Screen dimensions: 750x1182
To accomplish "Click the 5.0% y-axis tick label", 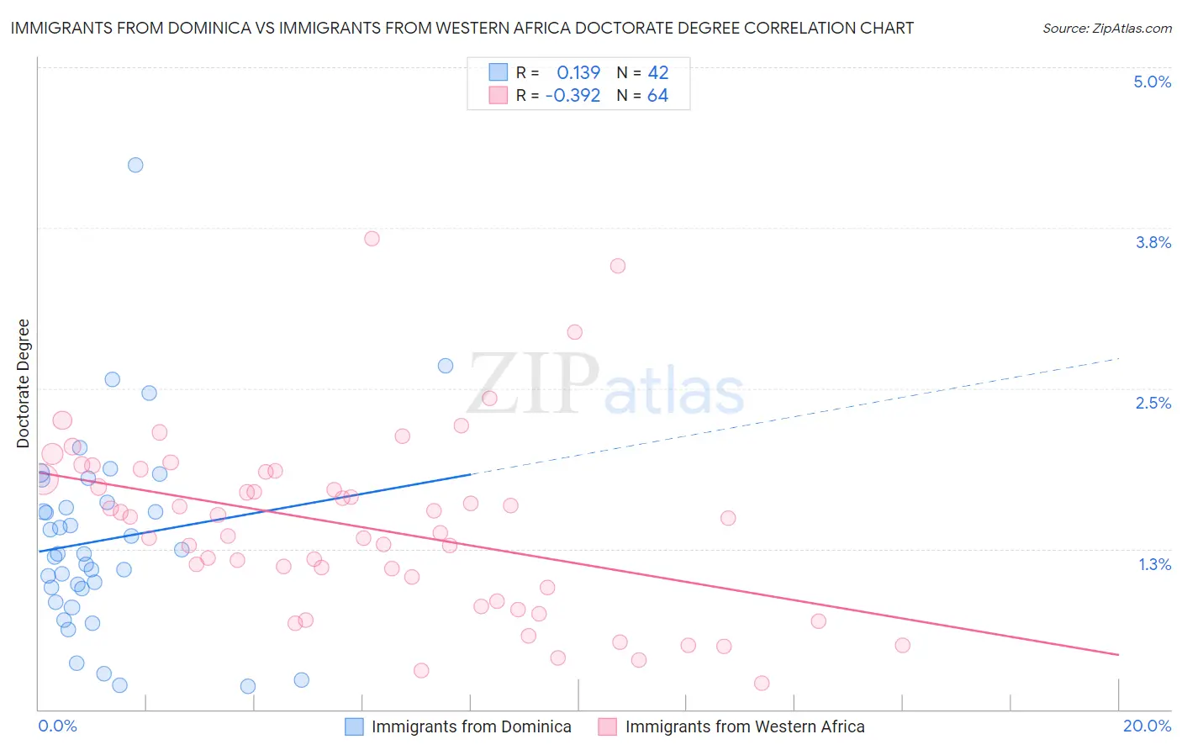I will pyautogui.click(x=1152, y=82).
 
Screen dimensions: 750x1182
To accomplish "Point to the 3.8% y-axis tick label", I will pyautogui.click(x=1153, y=242).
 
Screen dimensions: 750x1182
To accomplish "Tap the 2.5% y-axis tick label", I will pyautogui.click(x=1153, y=403).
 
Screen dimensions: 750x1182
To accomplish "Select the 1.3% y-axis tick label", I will pyautogui.click(x=1154, y=564).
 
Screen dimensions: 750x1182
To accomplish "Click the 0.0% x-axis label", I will pyautogui.click(x=57, y=726).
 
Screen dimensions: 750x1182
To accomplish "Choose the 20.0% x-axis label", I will pyautogui.click(x=1147, y=726).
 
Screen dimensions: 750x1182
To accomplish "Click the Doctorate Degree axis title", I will pyautogui.click(x=24, y=383).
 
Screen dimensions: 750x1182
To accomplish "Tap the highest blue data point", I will pyautogui.click(x=135, y=165).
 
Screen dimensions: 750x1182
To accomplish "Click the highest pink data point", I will pyautogui.click(x=372, y=239).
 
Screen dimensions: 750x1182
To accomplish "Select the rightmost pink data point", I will pyautogui.click(x=902, y=645).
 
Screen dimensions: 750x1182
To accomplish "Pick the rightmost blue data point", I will pyautogui.click(x=446, y=366).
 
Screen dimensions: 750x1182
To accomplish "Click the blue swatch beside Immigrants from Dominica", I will pyautogui.click(x=355, y=726).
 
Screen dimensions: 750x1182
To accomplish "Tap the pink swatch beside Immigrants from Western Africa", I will pyautogui.click(x=607, y=726).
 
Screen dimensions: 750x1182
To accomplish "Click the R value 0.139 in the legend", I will pyautogui.click(x=578, y=73).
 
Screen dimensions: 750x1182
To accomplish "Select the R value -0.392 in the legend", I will pyautogui.click(x=573, y=96).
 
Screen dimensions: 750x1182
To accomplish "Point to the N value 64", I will pyautogui.click(x=657, y=96).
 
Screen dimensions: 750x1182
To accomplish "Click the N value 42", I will pyautogui.click(x=657, y=73).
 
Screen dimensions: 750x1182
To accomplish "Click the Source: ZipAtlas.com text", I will pyautogui.click(x=1106, y=29).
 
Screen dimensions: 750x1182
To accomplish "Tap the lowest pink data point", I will pyautogui.click(x=762, y=683).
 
